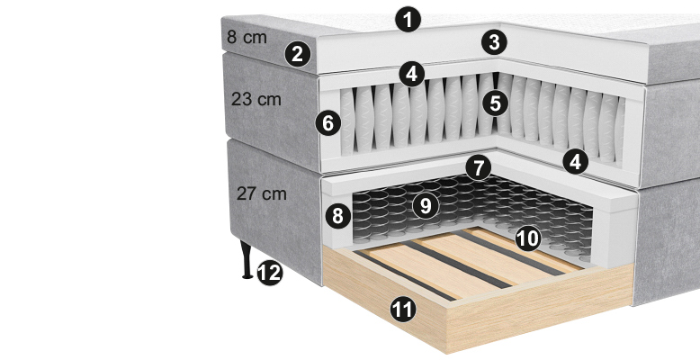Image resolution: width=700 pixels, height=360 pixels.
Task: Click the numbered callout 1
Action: (408, 20)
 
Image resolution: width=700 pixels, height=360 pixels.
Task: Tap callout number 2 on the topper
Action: (298, 54)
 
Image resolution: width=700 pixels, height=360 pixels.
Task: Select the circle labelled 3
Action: (494, 42)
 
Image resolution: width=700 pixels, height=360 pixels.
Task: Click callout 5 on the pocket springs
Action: (496, 103)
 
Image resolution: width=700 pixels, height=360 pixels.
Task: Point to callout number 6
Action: (328, 122)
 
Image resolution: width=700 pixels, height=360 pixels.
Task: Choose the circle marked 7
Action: (478, 168)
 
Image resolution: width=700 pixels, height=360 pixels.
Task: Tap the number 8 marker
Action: (338, 216)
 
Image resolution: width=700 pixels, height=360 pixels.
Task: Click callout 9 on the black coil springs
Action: (426, 206)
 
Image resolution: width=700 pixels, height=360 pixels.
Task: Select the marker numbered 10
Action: (528, 239)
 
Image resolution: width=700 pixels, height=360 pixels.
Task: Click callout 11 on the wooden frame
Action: (403, 310)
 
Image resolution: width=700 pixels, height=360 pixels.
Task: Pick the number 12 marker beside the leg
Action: (270, 273)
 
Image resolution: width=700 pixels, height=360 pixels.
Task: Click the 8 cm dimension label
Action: (247, 38)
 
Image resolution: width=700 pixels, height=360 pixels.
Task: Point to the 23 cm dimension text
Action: (256, 99)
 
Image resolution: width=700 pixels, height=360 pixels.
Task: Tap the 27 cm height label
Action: (262, 193)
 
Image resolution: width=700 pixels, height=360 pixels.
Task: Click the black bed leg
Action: (247, 259)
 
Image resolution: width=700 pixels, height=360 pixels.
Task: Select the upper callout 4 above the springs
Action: (411, 74)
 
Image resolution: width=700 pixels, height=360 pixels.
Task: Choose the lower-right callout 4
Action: (576, 161)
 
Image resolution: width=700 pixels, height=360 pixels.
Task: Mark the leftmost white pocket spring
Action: (347, 121)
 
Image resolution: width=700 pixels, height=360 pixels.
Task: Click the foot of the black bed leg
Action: (247, 277)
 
